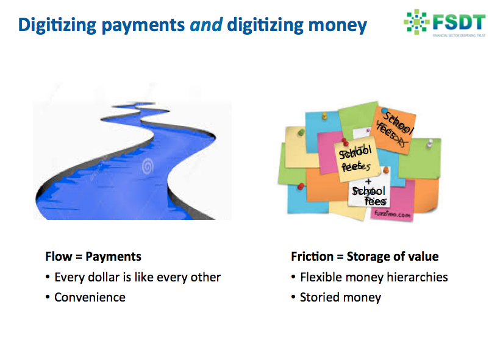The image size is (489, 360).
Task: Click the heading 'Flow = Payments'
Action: point(93,256)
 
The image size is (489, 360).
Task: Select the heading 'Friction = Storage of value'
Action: point(365,256)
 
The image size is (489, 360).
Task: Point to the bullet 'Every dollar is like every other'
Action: point(137,277)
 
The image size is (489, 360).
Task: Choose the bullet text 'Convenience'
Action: point(90,297)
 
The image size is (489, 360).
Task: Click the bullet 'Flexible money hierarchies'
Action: point(374,277)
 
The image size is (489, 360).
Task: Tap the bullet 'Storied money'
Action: point(340,297)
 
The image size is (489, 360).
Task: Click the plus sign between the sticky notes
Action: point(368,181)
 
